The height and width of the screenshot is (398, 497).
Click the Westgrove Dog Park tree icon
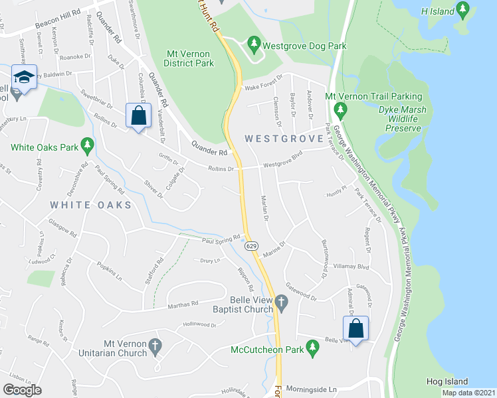point(253,46)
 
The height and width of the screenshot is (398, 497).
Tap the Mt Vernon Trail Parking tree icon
point(341,109)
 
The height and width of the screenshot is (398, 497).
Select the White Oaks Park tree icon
point(86,144)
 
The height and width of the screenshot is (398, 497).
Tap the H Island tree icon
point(463,11)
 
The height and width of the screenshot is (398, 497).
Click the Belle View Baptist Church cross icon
point(282,304)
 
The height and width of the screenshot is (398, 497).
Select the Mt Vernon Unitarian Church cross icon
point(155,346)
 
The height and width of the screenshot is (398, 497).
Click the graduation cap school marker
point(24,78)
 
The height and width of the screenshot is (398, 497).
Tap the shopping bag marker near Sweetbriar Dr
point(138,115)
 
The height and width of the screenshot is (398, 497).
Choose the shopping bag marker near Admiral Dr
point(355,328)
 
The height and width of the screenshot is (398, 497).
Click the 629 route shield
point(251,246)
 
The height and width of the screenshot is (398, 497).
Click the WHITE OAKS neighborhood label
point(90,205)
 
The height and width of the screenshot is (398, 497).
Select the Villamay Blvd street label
point(351,266)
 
